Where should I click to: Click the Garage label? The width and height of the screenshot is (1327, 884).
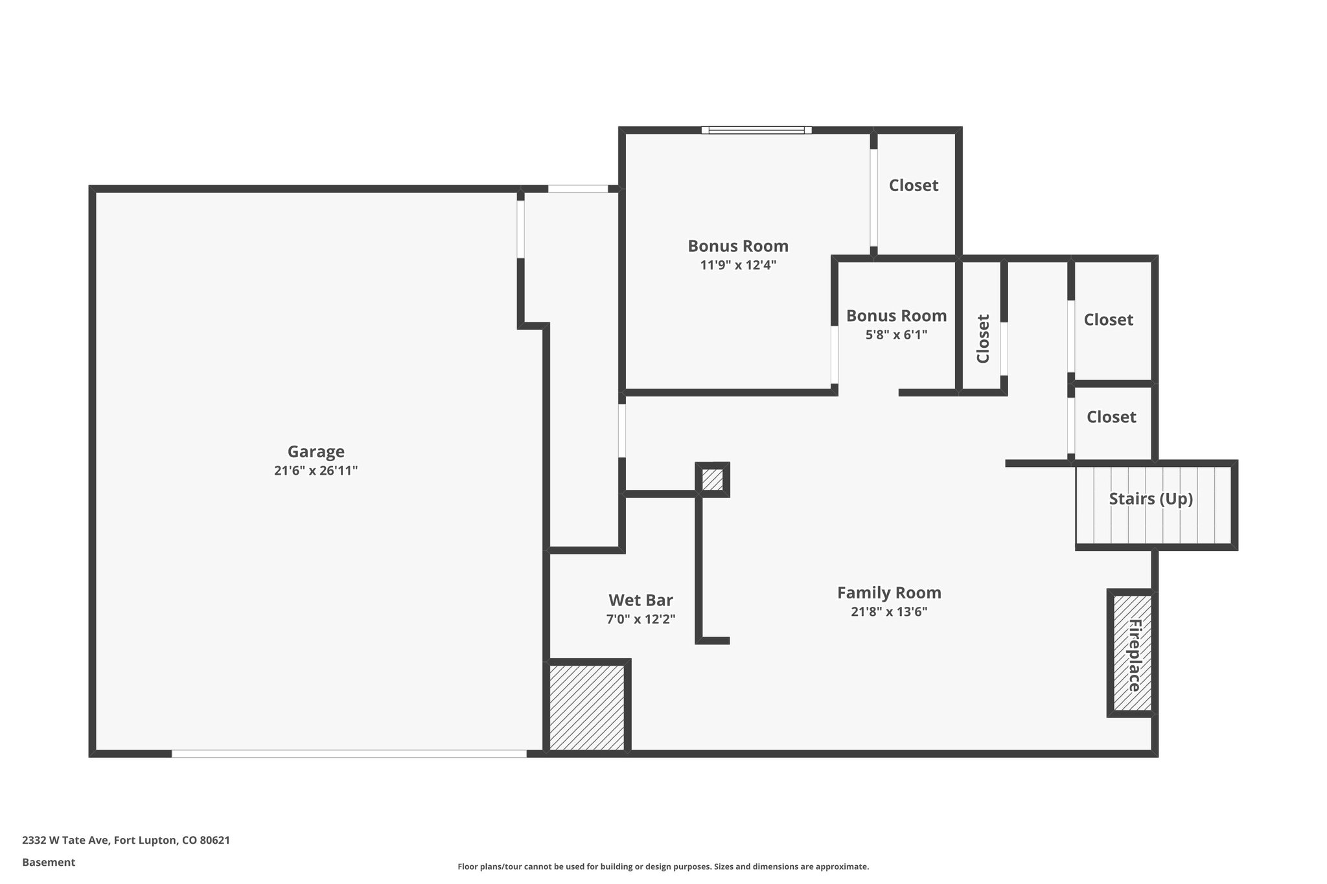[x=316, y=451]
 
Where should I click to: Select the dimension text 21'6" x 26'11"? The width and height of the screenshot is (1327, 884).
[x=316, y=471]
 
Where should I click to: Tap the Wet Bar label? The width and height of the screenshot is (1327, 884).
[x=640, y=600]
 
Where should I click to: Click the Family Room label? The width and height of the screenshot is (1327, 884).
[x=889, y=593]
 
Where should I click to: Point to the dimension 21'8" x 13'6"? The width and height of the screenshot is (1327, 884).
[x=889, y=612]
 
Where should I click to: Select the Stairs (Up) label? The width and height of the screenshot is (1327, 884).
[x=1151, y=499]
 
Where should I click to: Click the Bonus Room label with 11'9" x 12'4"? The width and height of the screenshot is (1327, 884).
[x=738, y=246]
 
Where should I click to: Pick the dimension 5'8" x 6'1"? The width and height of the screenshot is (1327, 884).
[x=896, y=335]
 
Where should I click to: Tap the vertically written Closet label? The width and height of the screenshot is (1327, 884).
[x=983, y=339]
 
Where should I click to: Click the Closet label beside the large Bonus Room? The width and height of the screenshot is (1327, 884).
[x=913, y=185]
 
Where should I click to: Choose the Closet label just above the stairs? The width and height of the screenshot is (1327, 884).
[x=1111, y=417]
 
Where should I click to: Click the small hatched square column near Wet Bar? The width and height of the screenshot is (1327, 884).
[x=712, y=480]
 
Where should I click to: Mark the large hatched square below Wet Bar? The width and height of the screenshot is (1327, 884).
[x=587, y=707]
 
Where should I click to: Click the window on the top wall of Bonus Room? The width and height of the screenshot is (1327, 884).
[x=756, y=130]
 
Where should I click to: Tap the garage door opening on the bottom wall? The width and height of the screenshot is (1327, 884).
[x=349, y=753]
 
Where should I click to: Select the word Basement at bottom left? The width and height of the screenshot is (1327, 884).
[x=49, y=862]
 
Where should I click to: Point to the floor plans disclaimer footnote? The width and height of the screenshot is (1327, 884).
[x=663, y=867]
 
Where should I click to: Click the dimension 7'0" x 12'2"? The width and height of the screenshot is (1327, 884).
[x=640, y=619]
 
